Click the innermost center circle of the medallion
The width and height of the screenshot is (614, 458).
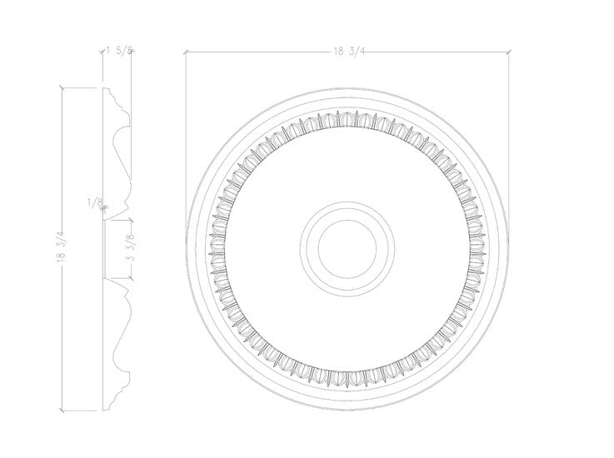pyautogui.click(x=345, y=247)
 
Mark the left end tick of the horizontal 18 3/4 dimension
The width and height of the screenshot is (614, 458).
pyautogui.click(x=186, y=52)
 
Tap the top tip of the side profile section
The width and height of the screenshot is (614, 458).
pyautogui.click(x=105, y=87)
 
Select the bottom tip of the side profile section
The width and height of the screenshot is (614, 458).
pyautogui.click(x=105, y=409)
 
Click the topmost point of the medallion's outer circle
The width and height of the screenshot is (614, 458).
pyautogui.click(x=345, y=87)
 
